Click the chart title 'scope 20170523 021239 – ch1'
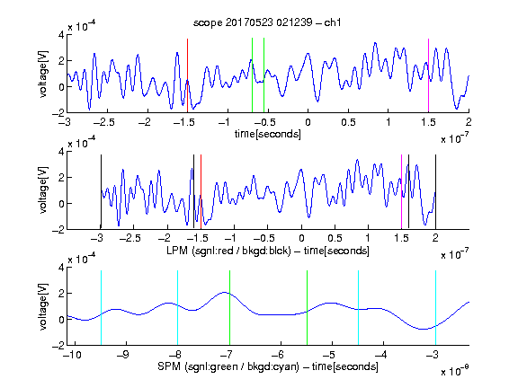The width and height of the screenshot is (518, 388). click(x=267, y=22)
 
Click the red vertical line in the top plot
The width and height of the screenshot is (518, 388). click(x=187, y=75)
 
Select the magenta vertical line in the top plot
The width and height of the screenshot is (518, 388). click(x=428, y=75)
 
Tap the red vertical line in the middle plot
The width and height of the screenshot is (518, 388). click(x=201, y=191)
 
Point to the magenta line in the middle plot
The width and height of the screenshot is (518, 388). click(x=401, y=191)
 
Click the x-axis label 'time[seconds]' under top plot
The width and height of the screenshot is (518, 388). click(x=268, y=134)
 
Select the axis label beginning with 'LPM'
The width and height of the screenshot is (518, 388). click(x=268, y=251)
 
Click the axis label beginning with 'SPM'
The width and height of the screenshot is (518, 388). click(x=268, y=366)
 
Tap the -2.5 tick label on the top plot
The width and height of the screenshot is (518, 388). click(x=103, y=122)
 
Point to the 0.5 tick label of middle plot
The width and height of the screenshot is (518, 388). click(x=335, y=238)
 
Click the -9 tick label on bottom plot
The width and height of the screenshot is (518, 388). click(x=123, y=355)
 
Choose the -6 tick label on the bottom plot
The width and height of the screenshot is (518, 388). click(x=278, y=355)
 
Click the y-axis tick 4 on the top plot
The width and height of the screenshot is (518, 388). click(x=61, y=35)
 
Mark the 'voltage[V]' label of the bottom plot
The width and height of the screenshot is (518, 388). click(x=43, y=306)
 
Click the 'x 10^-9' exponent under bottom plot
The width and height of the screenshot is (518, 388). click(x=455, y=370)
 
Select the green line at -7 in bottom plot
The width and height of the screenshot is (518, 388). click(x=229, y=308)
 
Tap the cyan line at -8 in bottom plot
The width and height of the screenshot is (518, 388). click(x=178, y=308)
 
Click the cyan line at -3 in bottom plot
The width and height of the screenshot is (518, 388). click(x=436, y=308)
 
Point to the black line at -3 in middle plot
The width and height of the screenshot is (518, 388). click(x=101, y=191)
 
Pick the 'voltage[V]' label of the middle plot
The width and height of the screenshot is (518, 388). click(x=43, y=190)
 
